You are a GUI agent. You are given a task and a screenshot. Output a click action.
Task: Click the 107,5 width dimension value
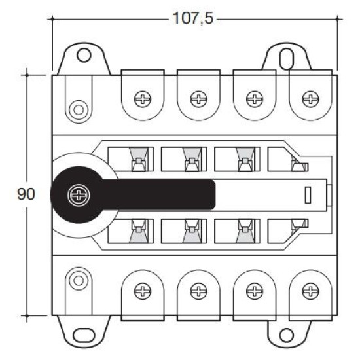point(193,18)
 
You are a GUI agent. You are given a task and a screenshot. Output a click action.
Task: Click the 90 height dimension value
point(26,194)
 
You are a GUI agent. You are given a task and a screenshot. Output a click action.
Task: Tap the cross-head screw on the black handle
point(79,195)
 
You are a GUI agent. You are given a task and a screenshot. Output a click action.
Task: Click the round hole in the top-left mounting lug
point(84,55)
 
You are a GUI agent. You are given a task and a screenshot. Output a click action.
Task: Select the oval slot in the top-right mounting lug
point(286,59)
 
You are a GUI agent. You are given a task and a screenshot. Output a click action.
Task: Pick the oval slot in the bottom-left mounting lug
point(84,335)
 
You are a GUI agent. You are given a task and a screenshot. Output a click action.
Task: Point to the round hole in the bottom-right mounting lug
point(286,335)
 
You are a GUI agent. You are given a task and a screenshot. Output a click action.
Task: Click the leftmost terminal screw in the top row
point(143,99)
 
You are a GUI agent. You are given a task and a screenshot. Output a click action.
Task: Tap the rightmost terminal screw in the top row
point(310,99)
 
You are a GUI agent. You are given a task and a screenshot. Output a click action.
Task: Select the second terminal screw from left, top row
point(198,99)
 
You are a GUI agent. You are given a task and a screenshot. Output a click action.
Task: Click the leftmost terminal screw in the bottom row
point(143,291)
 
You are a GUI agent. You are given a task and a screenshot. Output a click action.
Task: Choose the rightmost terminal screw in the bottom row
point(310,291)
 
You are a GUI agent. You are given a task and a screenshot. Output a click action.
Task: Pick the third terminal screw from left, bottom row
point(255,291)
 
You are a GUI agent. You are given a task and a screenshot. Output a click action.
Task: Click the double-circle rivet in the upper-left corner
point(79,110)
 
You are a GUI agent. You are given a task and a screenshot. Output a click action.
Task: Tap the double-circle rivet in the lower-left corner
point(79,281)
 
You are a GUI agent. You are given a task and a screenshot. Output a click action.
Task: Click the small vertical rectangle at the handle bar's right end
point(308,195)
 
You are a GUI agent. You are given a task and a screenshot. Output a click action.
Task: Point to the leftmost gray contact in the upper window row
point(139,159)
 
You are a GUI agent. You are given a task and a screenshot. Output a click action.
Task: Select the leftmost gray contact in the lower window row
point(139,231)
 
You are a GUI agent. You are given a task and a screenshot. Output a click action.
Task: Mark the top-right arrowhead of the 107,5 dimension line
point(337,19)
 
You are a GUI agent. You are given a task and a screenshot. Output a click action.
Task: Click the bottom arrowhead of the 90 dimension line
point(27,316)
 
